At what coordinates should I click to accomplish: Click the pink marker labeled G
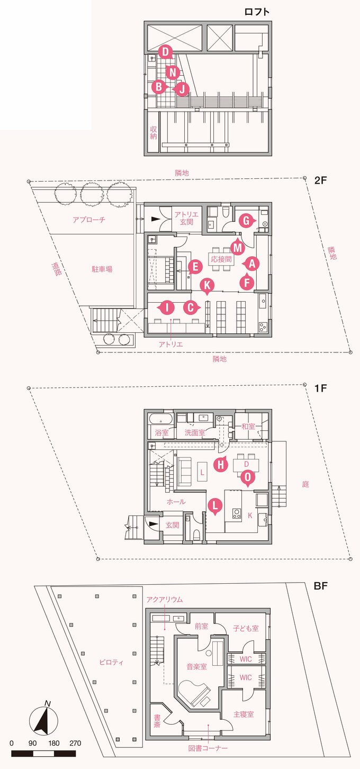point(245,221)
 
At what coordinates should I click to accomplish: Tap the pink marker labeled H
point(220,464)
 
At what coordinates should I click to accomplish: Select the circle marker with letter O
point(247,478)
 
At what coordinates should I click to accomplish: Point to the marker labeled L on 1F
point(214,506)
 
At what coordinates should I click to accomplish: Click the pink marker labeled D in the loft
point(166,51)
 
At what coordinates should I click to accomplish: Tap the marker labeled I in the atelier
point(166,307)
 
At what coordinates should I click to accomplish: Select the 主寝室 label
point(244,714)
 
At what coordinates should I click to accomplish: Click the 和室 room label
point(248,426)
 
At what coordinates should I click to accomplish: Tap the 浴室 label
point(161,432)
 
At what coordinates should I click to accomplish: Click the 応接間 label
point(221,259)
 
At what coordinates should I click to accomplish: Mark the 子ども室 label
point(246,628)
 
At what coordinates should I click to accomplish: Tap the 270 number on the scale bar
point(75,743)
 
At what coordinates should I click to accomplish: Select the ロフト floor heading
point(257,12)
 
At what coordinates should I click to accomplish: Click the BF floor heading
point(320,586)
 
